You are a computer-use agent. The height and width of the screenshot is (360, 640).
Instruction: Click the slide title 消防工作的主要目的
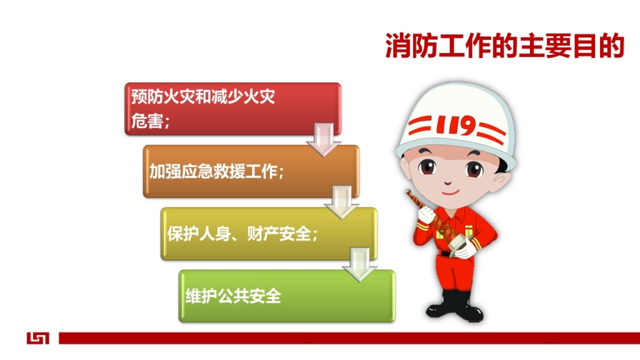click(505, 46)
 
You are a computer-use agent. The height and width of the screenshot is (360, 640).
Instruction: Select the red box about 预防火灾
click(232, 109)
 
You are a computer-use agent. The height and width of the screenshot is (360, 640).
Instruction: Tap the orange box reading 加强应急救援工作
click(251, 171)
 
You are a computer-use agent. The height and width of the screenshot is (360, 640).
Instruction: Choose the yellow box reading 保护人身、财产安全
click(269, 234)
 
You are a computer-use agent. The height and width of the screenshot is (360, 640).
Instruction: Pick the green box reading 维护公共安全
click(287, 296)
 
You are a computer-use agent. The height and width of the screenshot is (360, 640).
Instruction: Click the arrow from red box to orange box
click(324, 139)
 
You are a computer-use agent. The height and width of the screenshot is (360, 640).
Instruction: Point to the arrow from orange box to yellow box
click(342, 202)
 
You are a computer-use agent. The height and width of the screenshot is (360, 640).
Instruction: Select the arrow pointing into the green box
click(359, 264)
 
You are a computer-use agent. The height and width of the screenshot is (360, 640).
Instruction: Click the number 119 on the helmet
click(456, 125)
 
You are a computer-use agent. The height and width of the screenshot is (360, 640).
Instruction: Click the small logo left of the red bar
click(38, 338)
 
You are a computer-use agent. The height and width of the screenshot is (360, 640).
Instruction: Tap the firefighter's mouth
click(450, 192)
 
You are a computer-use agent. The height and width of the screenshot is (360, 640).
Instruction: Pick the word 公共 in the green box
click(233, 296)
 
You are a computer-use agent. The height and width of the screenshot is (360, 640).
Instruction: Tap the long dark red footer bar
click(349, 338)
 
